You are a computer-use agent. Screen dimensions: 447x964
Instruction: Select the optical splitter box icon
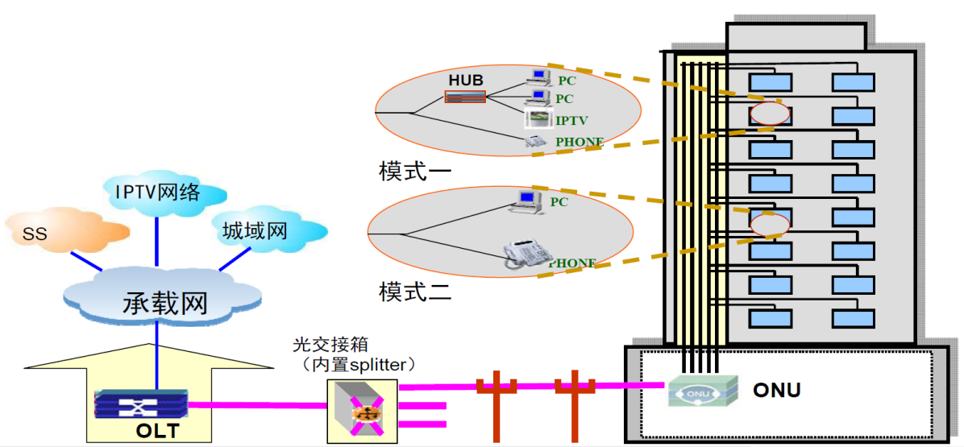pyautogui.click(x=362, y=412)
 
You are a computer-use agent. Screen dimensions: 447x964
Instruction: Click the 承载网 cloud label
pyautogui.click(x=165, y=302)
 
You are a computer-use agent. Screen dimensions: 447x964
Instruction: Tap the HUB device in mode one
pyautogui.click(x=465, y=97)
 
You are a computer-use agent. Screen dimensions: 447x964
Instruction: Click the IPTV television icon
pyautogui.click(x=536, y=119)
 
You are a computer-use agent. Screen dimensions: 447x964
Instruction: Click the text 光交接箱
pyautogui.click(x=333, y=345)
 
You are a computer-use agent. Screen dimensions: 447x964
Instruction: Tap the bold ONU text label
pyautogui.click(x=776, y=391)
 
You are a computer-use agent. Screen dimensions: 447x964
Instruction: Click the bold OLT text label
pyautogui.click(x=157, y=432)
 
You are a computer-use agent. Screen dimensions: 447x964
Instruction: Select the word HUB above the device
pyautogui.click(x=465, y=81)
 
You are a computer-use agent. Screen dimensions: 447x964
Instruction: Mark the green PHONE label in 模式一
pyautogui.click(x=579, y=142)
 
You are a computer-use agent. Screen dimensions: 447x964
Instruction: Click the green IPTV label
pyautogui.click(x=571, y=121)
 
